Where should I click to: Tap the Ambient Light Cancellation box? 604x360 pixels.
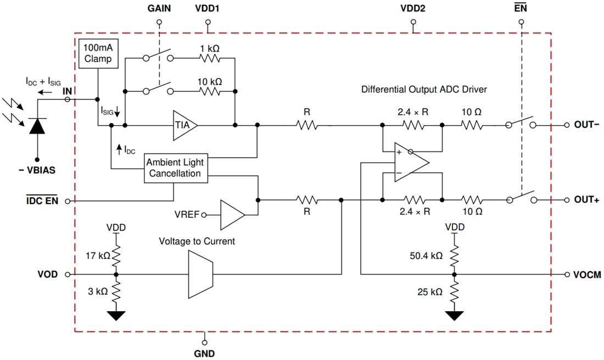click(x=175, y=168)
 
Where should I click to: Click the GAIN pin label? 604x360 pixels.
click(x=159, y=9)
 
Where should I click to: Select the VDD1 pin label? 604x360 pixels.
click(x=208, y=9)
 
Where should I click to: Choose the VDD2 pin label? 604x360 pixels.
click(x=413, y=9)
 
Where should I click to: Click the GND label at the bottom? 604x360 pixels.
click(x=204, y=353)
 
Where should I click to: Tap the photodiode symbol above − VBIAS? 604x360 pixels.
click(x=37, y=126)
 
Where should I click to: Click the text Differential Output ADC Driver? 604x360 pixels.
click(x=424, y=89)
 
